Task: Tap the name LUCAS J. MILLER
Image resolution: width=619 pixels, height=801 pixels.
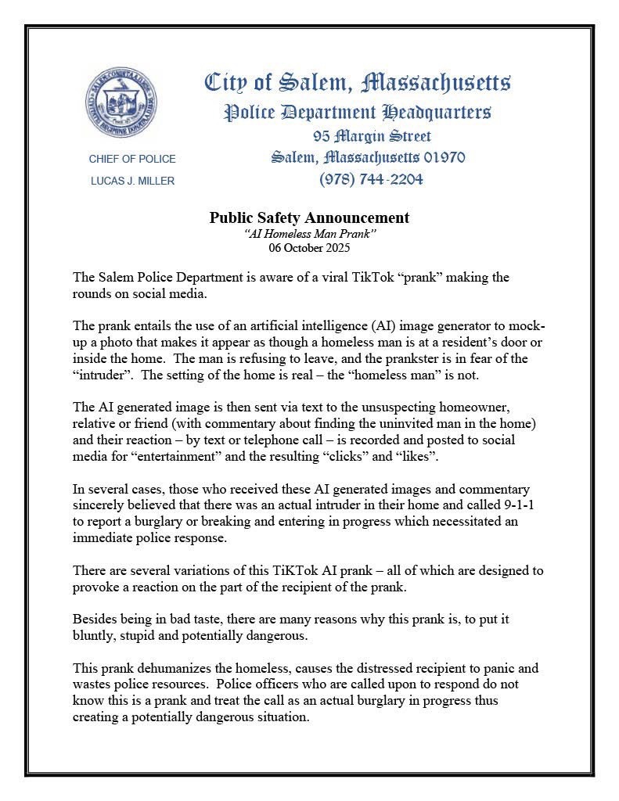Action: tap(132, 181)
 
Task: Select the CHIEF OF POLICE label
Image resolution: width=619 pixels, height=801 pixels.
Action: tap(132, 159)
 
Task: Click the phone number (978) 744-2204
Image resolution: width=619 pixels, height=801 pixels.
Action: tap(371, 179)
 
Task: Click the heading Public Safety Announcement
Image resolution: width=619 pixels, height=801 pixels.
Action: tap(309, 217)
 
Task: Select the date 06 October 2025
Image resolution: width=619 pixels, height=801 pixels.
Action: tap(309, 248)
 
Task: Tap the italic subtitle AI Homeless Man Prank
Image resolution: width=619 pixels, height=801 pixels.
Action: tap(310, 234)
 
